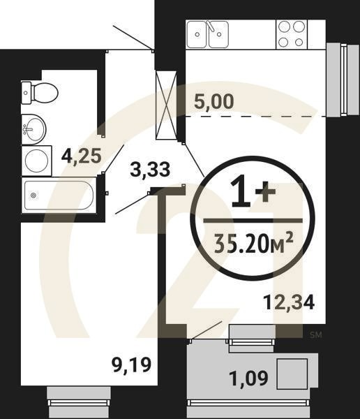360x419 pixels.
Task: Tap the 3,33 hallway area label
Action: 150,168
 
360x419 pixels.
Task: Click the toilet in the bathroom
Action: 39,91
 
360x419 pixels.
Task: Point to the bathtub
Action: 59,195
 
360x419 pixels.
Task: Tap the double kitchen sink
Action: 208,34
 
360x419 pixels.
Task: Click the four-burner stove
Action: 292,34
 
